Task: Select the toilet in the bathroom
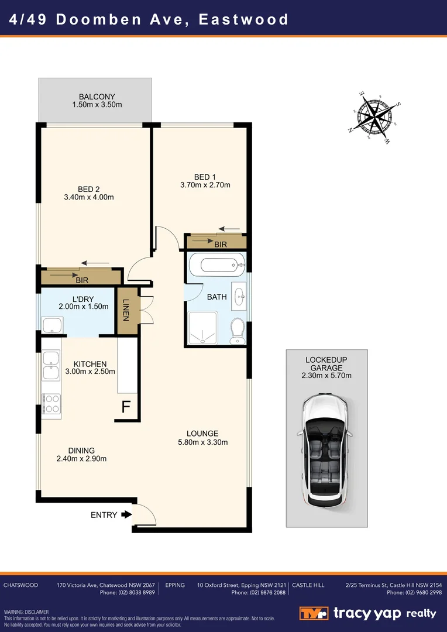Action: click(x=237, y=331)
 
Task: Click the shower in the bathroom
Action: click(x=202, y=328)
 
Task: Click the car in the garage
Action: click(x=325, y=451)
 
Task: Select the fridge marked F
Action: click(x=126, y=407)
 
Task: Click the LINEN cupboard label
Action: click(x=126, y=310)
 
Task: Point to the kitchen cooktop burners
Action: click(x=51, y=403)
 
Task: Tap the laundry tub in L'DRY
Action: click(x=52, y=325)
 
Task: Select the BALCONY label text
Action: click(x=97, y=97)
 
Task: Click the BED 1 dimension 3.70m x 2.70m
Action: click(x=205, y=186)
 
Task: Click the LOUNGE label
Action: click(x=202, y=434)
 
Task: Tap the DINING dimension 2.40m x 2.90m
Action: click(x=81, y=459)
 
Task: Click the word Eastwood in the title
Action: click(x=243, y=19)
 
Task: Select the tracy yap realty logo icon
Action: click(x=314, y=613)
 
